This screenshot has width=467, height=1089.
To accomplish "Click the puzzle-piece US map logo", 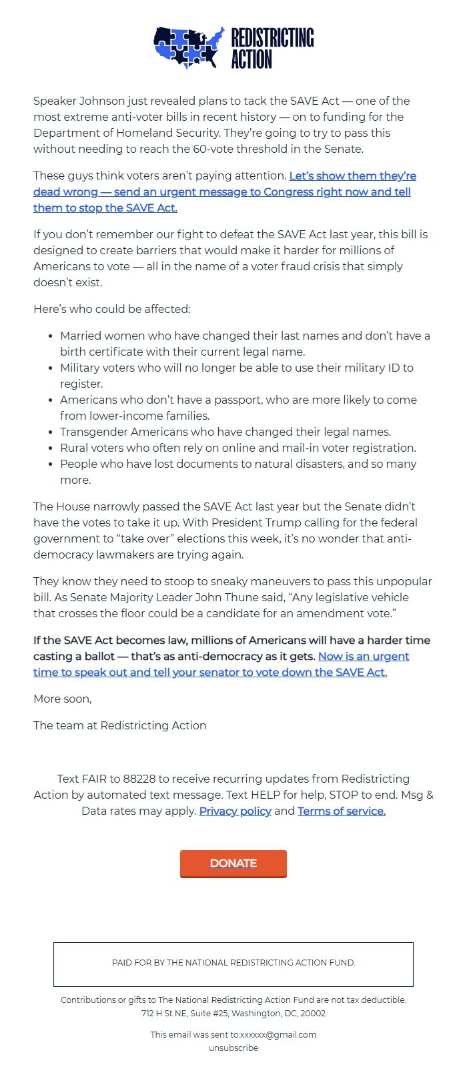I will pos(189,48).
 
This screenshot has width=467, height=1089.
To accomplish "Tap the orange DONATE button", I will pos(233,863).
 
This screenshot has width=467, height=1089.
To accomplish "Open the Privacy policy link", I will pos(235,811).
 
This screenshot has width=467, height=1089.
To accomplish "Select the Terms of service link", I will pos(341,811).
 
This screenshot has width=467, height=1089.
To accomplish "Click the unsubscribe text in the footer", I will pos(233,1048).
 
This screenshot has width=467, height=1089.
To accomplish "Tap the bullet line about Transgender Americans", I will pos(225,432).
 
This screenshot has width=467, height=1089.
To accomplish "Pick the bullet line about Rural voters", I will pos(238,448).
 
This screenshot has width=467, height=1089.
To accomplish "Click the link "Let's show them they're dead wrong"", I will pos(224,192).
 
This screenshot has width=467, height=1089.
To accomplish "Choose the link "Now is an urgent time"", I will pos(220,665).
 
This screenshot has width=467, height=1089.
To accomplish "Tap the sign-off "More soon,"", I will pos(63,699).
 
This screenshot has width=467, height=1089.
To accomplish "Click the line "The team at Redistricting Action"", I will pos(119,725).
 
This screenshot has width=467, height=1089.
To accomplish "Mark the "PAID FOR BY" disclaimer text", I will pos(233,963).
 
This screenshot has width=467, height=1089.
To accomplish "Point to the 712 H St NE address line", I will pos(233,1013).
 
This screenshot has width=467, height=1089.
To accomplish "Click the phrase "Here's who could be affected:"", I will pos(112,309).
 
